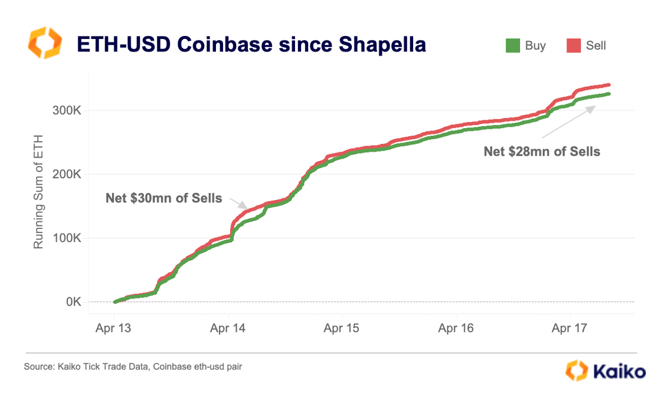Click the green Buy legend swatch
(x=512, y=45)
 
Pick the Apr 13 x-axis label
(x=114, y=328)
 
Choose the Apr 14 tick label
(x=228, y=328)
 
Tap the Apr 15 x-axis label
(x=342, y=328)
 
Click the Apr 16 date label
(x=456, y=328)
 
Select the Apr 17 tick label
(x=570, y=328)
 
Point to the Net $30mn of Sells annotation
(x=163, y=198)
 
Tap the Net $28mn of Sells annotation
(x=542, y=152)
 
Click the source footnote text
(x=133, y=367)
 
